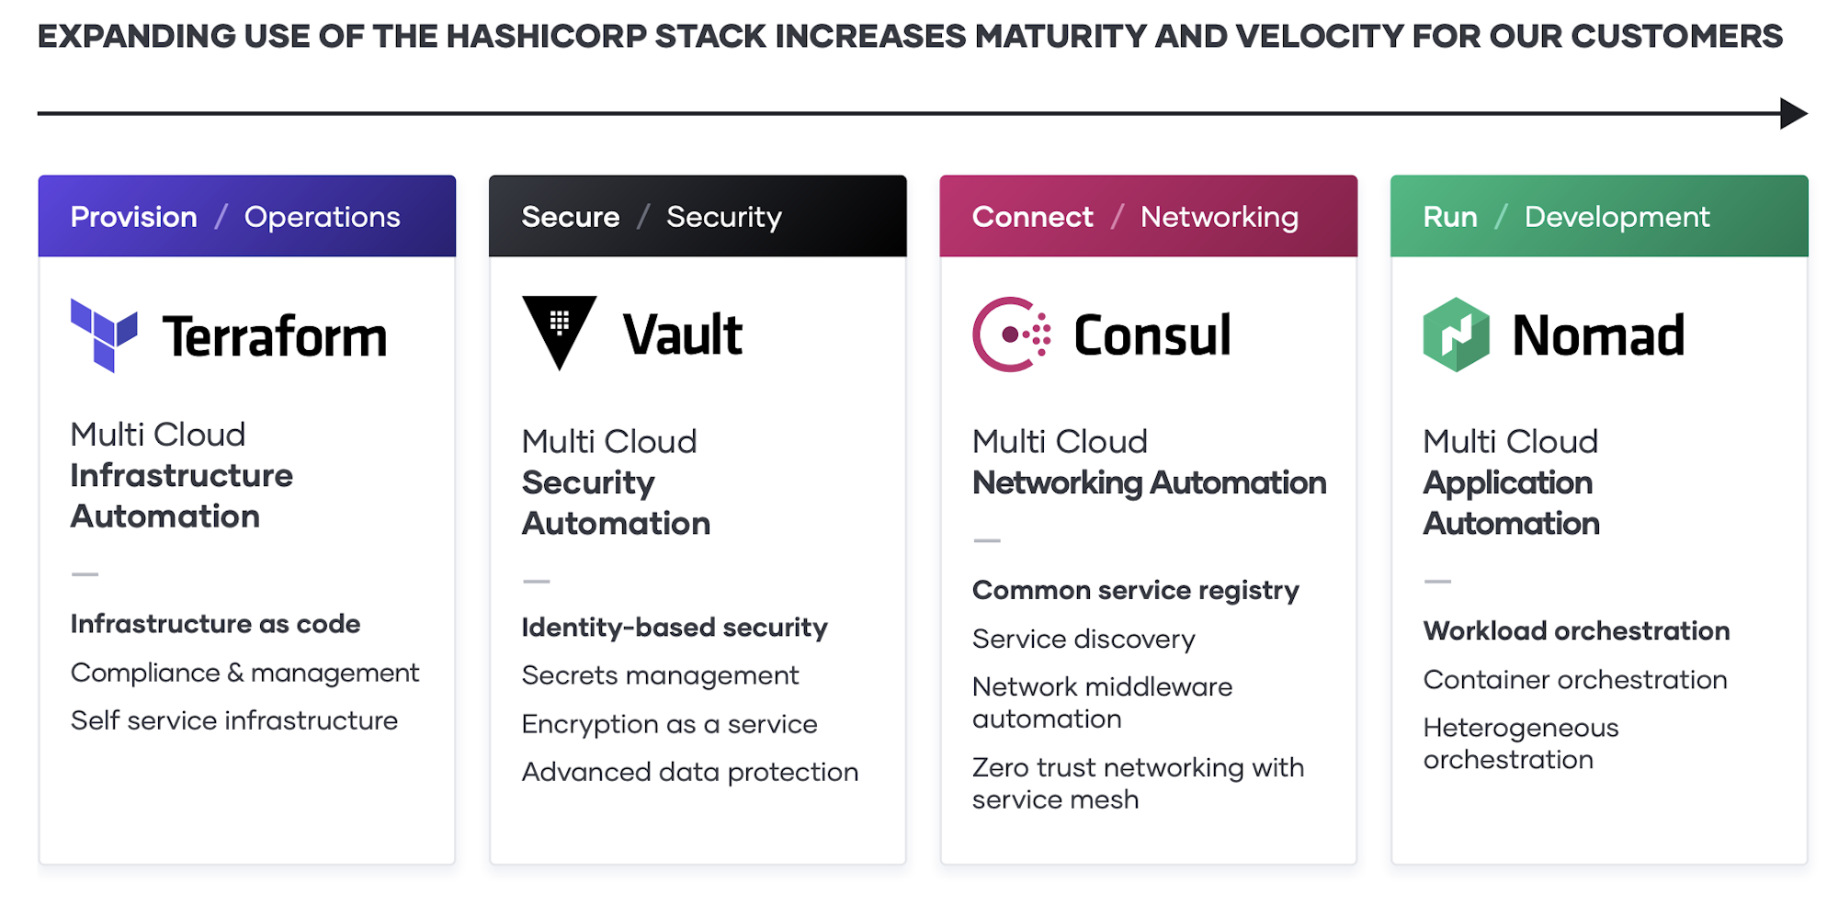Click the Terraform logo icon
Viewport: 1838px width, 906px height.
(x=103, y=334)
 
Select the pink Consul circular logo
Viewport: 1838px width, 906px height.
(x=1010, y=334)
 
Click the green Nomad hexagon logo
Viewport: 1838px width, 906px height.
(x=1456, y=334)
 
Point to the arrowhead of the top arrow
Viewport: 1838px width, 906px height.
(x=1793, y=114)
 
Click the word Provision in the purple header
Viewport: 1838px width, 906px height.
(x=134, y=217)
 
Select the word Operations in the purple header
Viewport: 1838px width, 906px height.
(x=322, y=217)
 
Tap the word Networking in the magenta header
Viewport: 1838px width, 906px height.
(x=1219, y=217)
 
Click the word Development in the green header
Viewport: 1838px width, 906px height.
(x=1617, y=217)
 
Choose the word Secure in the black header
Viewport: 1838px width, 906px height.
(x=571, y=217)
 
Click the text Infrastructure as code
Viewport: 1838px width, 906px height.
(x=215, y=624)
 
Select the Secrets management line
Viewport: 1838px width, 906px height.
(x=660, y=675)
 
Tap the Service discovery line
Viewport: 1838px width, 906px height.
(x=1084, y=639)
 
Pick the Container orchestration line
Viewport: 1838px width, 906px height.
(x=1575, y=680)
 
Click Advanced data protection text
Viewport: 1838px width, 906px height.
(x=689, y=772)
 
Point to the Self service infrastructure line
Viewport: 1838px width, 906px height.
(x=234, y=720)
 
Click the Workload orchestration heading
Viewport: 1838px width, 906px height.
(x=1576, y=631)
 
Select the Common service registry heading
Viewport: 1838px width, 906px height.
(x=1136, y=590)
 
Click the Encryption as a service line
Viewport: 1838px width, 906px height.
(x=669, y=724)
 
